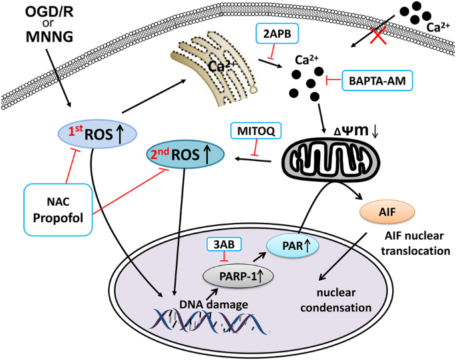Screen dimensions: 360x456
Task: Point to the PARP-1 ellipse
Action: point(236,273)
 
